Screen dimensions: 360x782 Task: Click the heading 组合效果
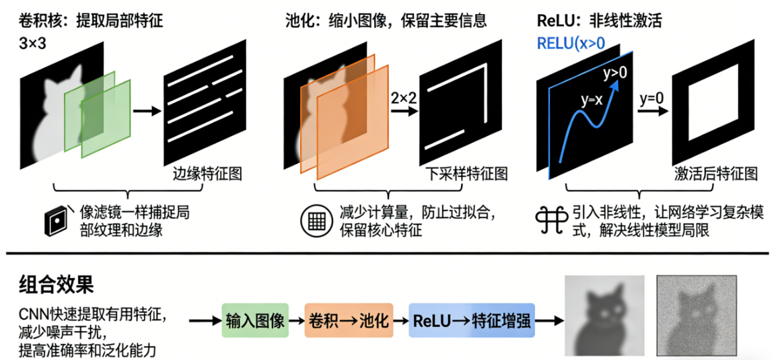point(55,285)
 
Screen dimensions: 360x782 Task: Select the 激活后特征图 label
point(715,174)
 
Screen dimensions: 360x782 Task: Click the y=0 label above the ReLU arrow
point(651,98)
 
